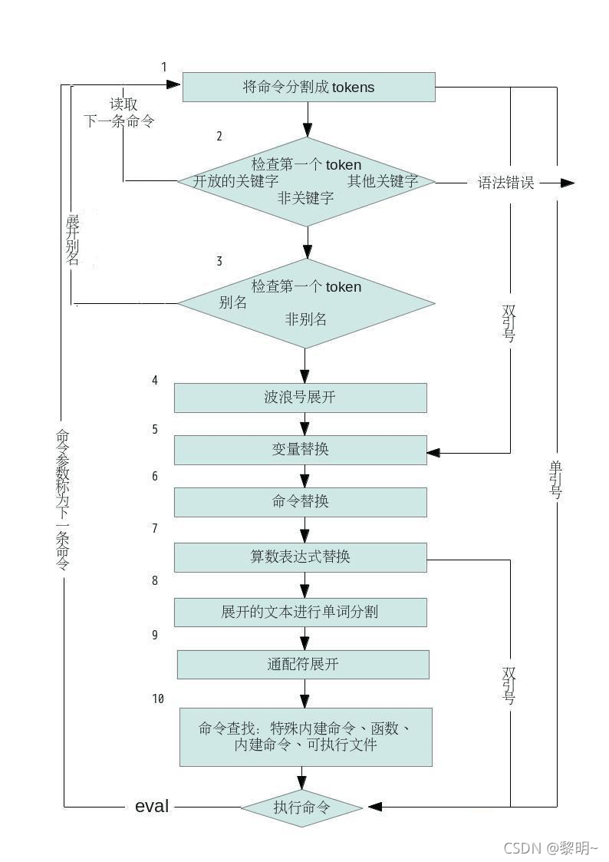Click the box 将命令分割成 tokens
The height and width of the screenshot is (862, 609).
(x=308, y=87)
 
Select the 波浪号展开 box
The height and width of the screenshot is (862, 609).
(x=300, y=398)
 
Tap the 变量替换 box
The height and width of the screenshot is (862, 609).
(x=300, y=450)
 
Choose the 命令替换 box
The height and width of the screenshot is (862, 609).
(x=300, y=502)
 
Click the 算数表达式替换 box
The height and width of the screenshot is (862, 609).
(x=300, y=557)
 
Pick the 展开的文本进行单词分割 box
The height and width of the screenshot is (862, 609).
(x=300, y=612)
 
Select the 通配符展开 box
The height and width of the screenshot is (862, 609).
(x=303, y=665)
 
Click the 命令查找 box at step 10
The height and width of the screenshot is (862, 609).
(x=305, y=737)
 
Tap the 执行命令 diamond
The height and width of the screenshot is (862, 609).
(x=301, y=807)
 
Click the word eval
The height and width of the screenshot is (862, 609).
(x=152, y=806)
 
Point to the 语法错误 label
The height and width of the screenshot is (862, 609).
(x=505, y=183)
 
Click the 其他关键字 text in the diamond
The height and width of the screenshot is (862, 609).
(x=383, y=182)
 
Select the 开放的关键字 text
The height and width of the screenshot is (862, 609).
(x=235, y=182)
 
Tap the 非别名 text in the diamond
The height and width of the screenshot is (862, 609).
(x=306, y=319)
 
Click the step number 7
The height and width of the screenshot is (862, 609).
(x=155, y=529)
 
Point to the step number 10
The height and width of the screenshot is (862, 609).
(x=158, y=699)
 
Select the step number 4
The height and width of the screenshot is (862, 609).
(x=155, y=380)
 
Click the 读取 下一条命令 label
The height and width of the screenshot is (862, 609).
(x=120, y=113)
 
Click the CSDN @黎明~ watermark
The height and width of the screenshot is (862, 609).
(x=550, y=847)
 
